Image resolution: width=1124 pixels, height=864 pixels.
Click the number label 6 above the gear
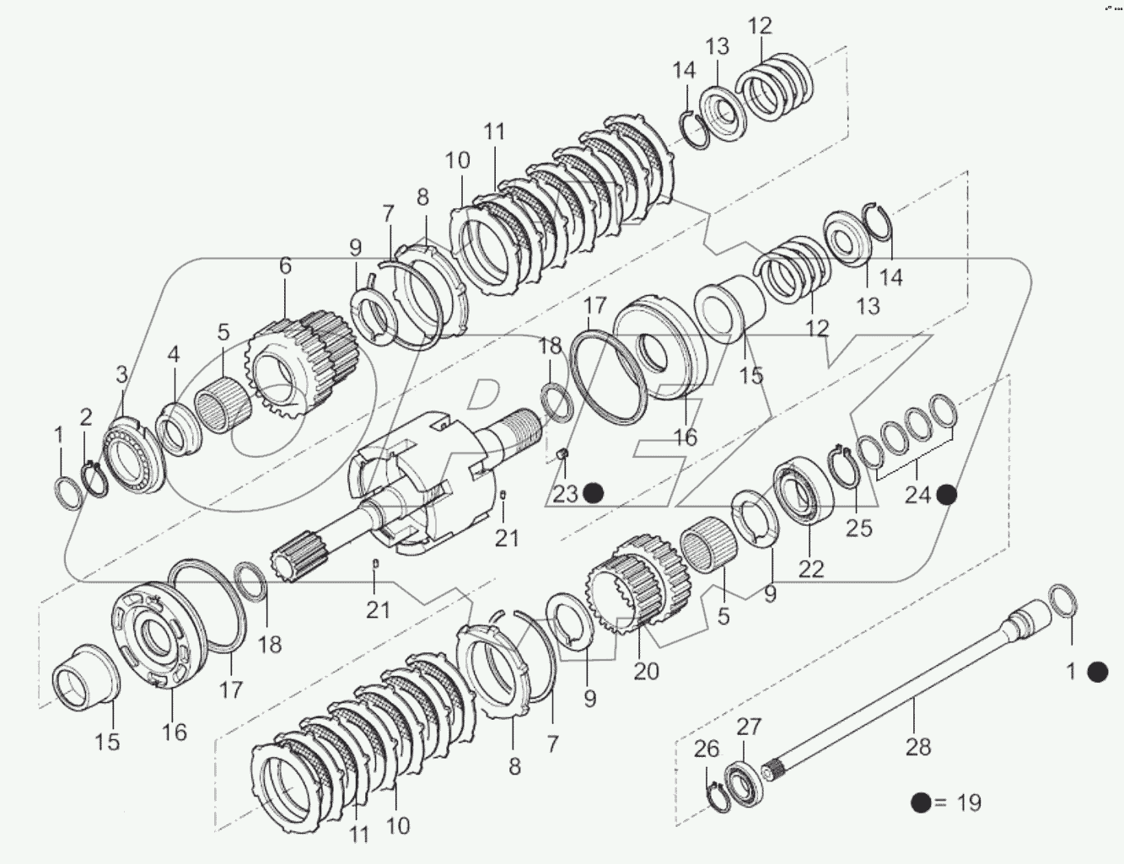285,266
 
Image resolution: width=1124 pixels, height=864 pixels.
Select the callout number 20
647,671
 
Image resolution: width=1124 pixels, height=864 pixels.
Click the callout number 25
860,529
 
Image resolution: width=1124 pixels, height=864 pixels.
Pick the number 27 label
749,727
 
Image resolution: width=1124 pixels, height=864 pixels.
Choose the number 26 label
707,749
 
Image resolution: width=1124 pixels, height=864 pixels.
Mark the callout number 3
121,374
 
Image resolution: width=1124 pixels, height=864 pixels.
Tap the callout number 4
173,354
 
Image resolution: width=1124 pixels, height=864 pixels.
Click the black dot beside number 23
594,493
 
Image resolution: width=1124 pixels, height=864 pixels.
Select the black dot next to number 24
946,495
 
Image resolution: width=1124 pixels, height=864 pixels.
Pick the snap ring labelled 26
716,797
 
